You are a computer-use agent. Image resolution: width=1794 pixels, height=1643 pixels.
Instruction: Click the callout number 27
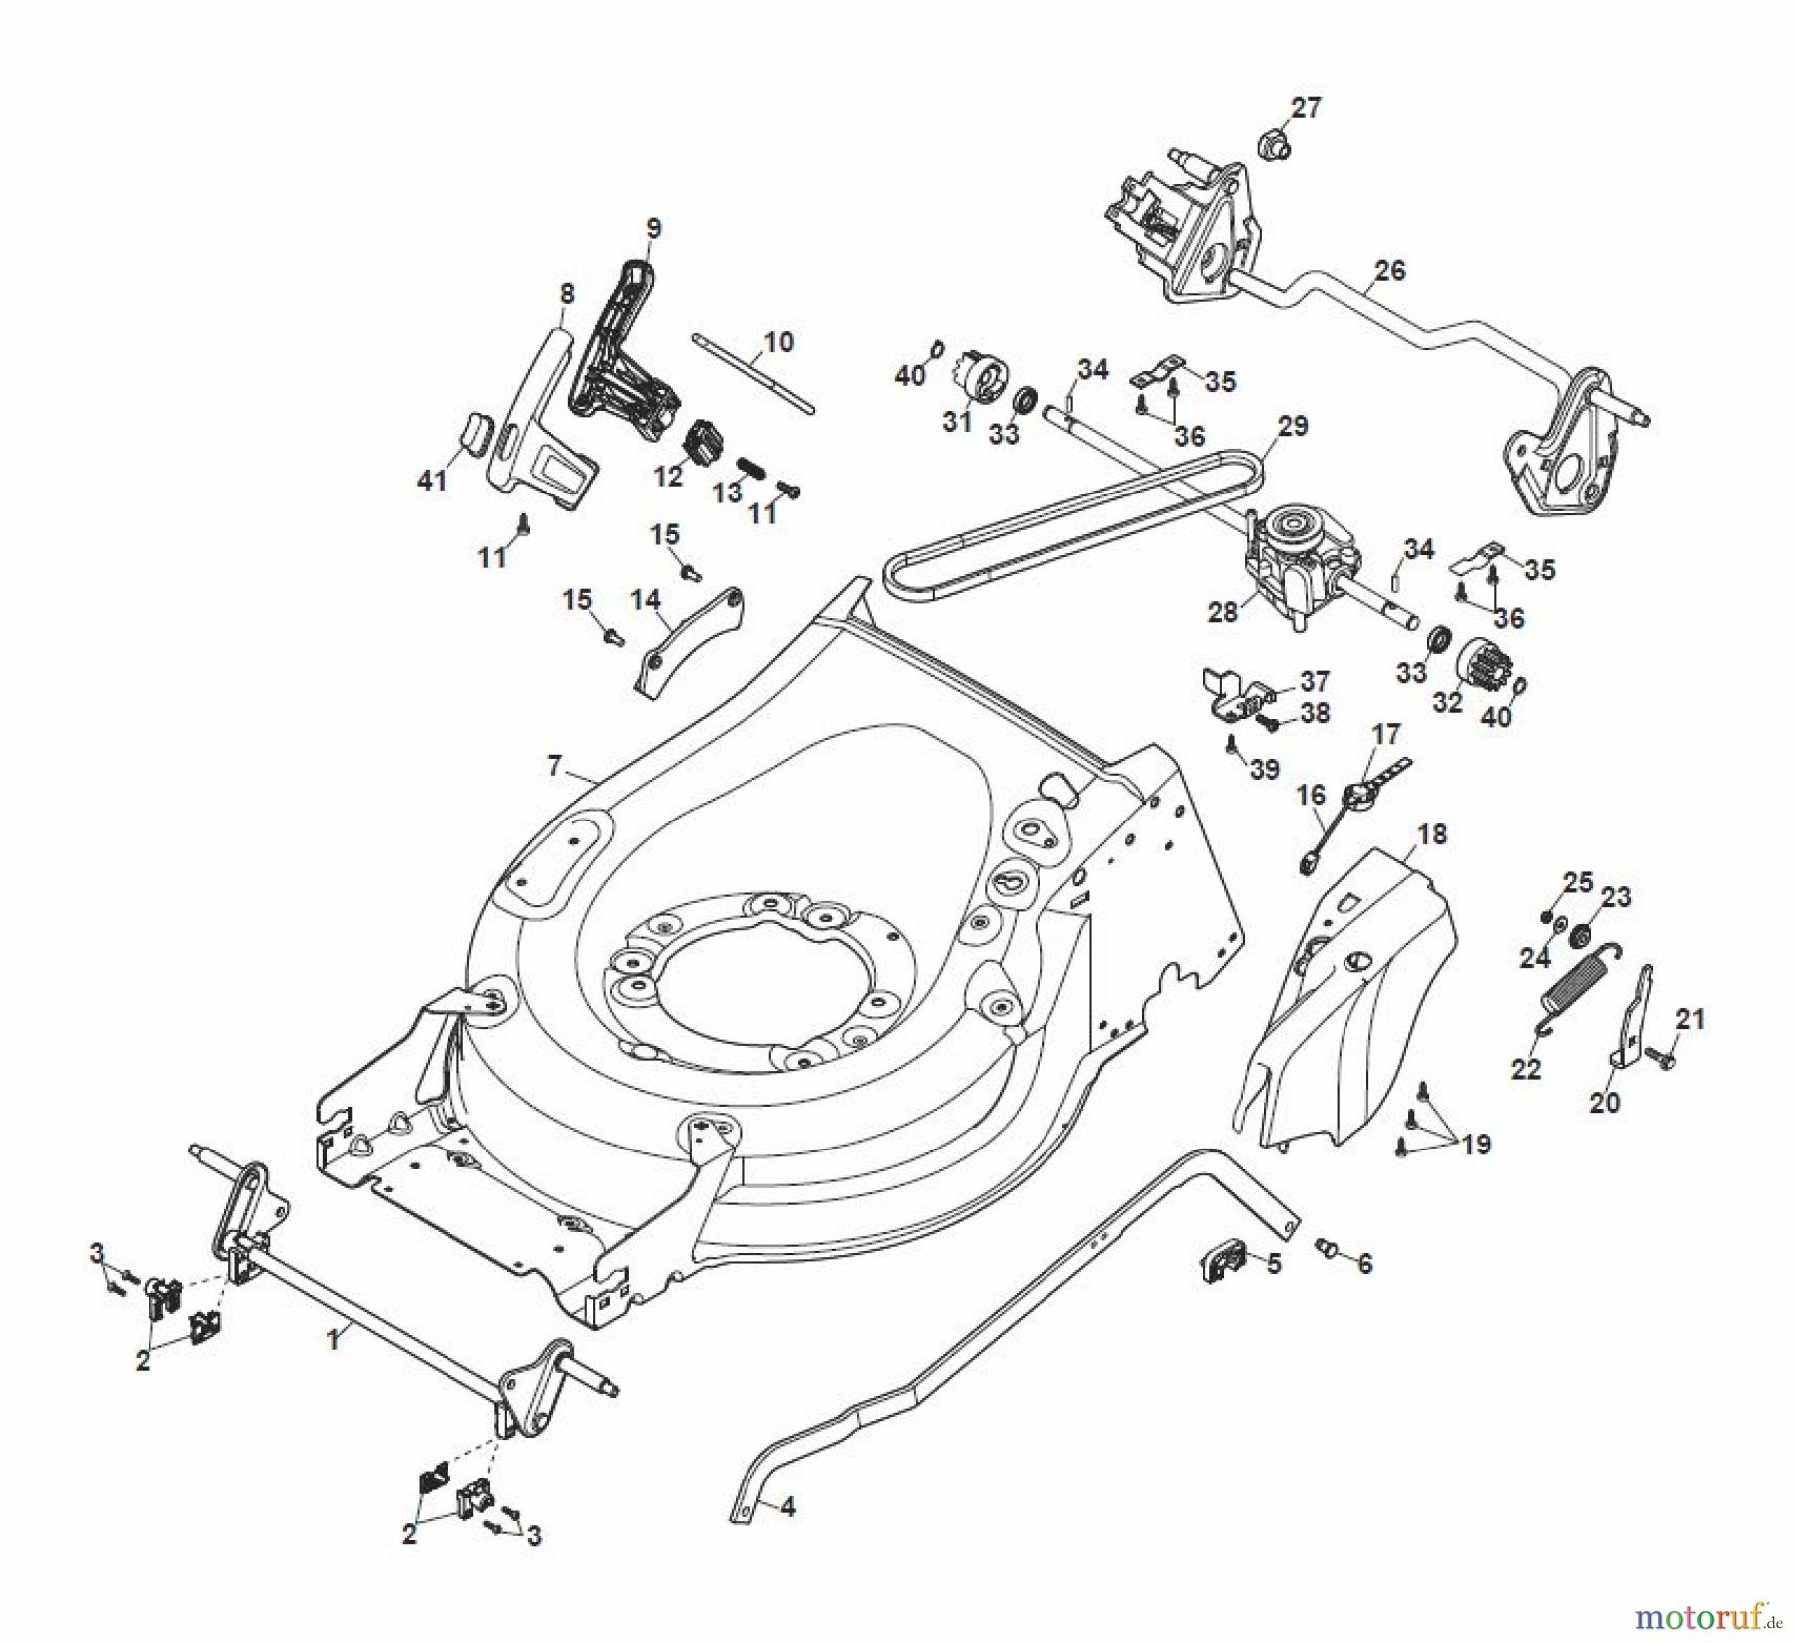coord(1306,108)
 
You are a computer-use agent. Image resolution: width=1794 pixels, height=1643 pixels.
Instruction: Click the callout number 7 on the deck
coord(555,766)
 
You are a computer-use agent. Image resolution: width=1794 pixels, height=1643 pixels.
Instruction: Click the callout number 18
coord(1432,834)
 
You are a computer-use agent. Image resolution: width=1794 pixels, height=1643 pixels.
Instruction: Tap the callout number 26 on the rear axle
coord(1390,271)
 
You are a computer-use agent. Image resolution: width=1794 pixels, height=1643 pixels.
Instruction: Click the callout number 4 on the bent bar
coord(787,1507)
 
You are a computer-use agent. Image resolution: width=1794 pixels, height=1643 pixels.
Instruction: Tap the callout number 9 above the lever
coord(653,228)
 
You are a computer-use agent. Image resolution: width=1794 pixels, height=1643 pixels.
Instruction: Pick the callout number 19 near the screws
coord(1476,1144)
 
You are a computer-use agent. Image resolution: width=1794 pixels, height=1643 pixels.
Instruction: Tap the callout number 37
coord(1315,681)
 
